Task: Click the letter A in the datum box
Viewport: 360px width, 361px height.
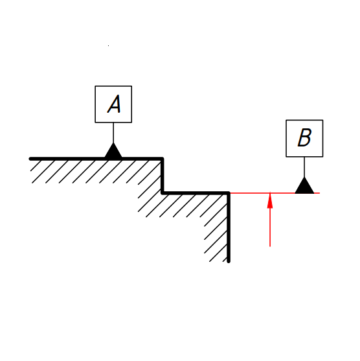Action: pyautogui.click(x=114, y=104)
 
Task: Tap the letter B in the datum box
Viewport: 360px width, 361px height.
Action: pyautogui.click(x=304, y=137)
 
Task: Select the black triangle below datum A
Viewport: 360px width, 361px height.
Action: pyautogui.click(x=113, y=150)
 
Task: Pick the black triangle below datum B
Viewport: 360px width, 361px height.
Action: pyautogui.click(x=304, y=185)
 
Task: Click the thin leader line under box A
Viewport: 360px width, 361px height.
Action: pyautogui.click(x=113, y=133)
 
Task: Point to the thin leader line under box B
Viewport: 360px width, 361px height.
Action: pyautogui.click(x=304, y=167)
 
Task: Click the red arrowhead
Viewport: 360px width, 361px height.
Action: pyautogui.click(x=270, y=201)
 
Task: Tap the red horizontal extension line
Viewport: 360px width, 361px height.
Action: pyautogui.click(x=275, y=193)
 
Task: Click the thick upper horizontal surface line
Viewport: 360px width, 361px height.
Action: pyautogui.click(x=96, y=159)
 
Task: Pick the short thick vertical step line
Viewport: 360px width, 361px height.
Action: pyautogui.click(x=163, y=176)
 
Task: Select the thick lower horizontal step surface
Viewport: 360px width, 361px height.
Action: pyautogui.click(x=196, y=192)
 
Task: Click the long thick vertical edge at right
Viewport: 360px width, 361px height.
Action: pyautogui.click(x=229, y=227)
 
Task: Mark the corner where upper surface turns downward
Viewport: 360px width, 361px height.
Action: pyautogui.click(x=163, y=159)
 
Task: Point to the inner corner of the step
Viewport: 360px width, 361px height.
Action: pyautogui.click(x=163, y=192)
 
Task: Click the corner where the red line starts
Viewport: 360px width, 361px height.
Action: pyautogui.click(x=229, y=192)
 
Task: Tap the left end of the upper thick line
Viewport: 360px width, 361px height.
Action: pyautogui.click(x=30, y=159)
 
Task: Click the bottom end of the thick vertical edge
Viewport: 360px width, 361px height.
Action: pyautogui.click(x=229, y=262)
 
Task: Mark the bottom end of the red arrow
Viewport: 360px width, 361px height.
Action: pyautogui.click(x=270, y=246)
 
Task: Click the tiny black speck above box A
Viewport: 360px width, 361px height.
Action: pyautogui.click(x=108, y=46)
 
